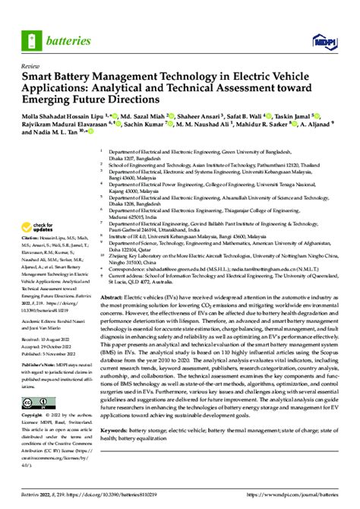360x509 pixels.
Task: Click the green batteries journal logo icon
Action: click(34, 36)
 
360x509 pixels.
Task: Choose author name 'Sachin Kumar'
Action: click(148, 124)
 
